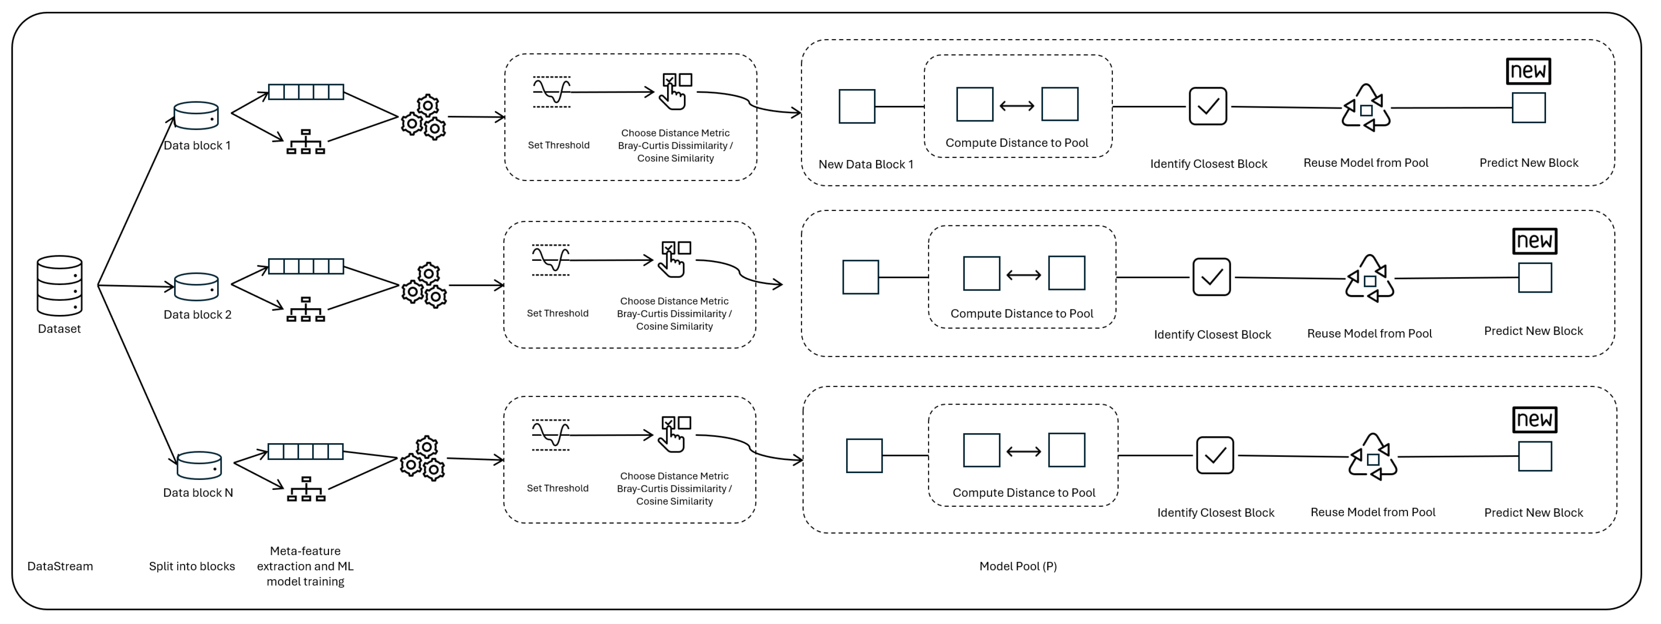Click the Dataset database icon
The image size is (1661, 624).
click(60, 285)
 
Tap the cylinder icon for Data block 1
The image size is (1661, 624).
click(196, 116)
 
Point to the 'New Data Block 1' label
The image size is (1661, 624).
click(865, 165)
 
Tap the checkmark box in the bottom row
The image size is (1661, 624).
click(1214, 455)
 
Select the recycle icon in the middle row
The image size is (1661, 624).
click(1370, 279)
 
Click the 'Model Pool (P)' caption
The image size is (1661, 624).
click(1018, 566)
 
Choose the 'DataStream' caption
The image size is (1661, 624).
click(60, 566)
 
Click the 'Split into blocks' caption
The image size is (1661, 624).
click(191, 566)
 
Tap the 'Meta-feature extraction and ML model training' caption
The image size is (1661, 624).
click(305, 566)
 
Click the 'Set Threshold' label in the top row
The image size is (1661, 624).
click(559, 145)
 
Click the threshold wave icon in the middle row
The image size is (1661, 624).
click(551, 260)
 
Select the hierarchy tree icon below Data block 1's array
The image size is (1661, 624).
click(306, 142)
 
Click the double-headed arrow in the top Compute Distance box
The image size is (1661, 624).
click(1017, 106)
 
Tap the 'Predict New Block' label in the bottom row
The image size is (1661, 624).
click(1533, 513)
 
